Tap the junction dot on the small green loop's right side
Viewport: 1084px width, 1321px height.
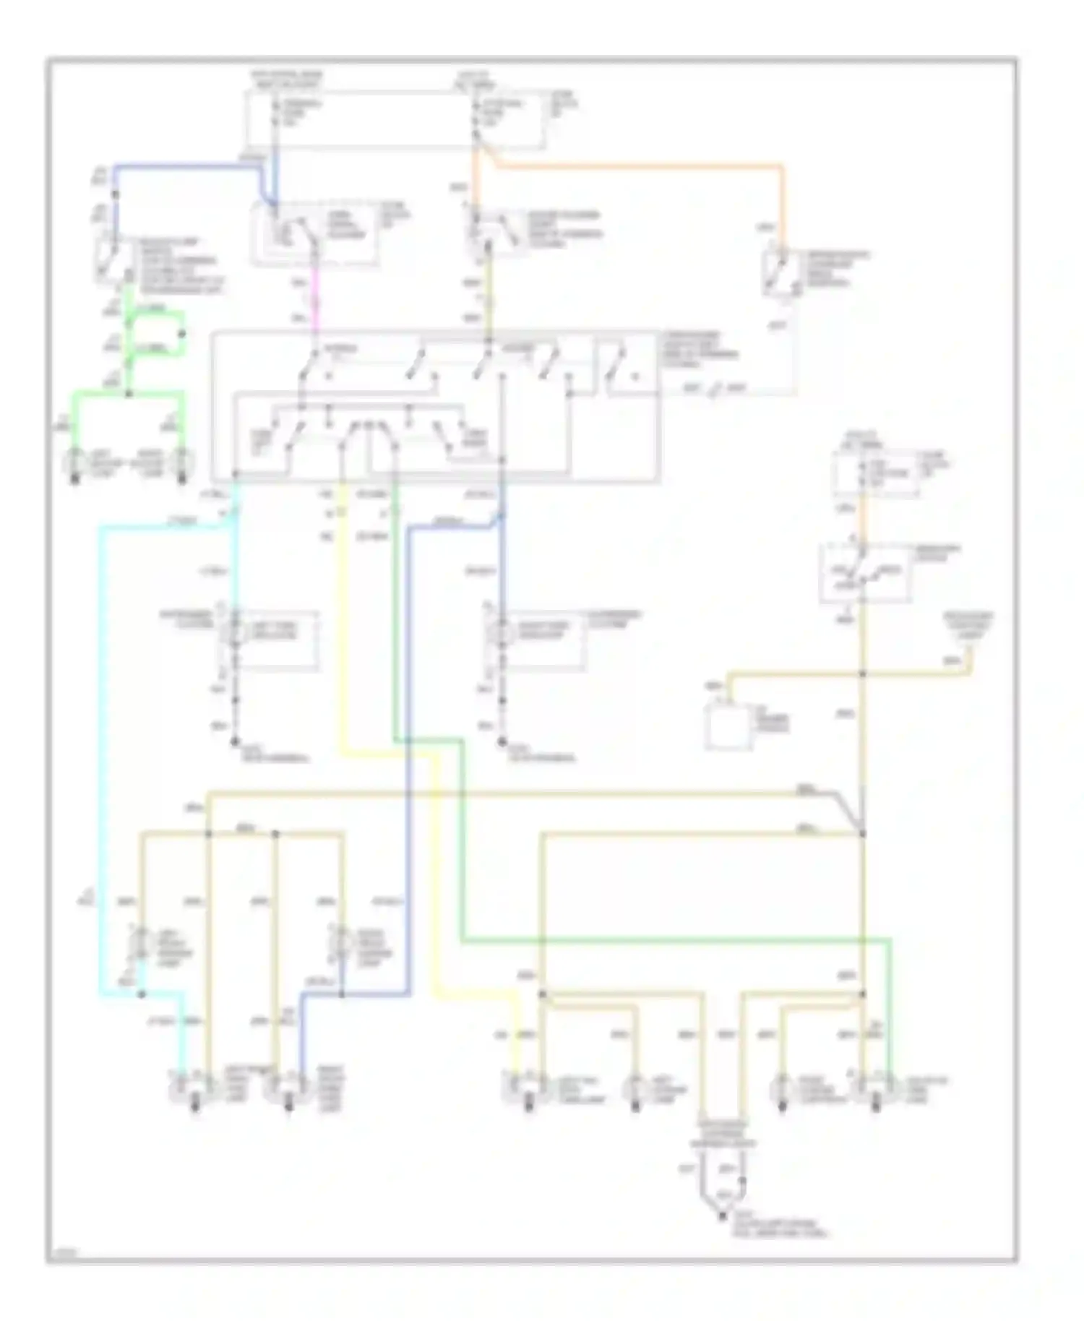pos(182,334)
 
